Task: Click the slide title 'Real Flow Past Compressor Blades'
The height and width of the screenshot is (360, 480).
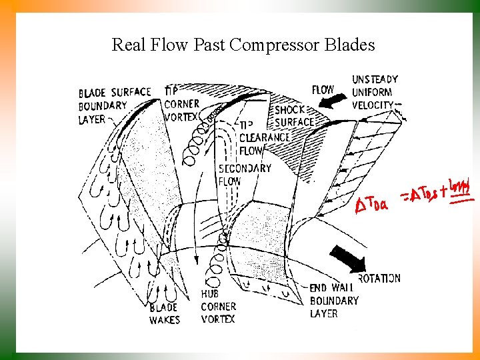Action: [243, 45]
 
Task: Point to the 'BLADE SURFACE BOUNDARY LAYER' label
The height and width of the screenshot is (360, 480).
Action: [113, 105]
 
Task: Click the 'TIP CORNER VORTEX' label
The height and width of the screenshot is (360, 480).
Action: [181, 104]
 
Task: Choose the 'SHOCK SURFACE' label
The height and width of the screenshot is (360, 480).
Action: [293, 116]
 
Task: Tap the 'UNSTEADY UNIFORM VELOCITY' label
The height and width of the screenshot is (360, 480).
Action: [374, 92]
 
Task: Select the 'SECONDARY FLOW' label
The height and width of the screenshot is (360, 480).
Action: [245, 174]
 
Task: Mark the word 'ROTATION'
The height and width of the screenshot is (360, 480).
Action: [379, 278]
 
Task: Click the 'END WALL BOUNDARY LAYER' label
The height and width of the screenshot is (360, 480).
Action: [333, 301]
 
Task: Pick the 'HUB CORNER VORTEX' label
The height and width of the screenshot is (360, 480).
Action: [219, 306]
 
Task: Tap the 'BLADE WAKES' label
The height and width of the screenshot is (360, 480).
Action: [164, 313]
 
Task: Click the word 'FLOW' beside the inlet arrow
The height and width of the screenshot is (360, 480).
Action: [323, 89]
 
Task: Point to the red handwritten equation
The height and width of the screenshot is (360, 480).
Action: [413, 197]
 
